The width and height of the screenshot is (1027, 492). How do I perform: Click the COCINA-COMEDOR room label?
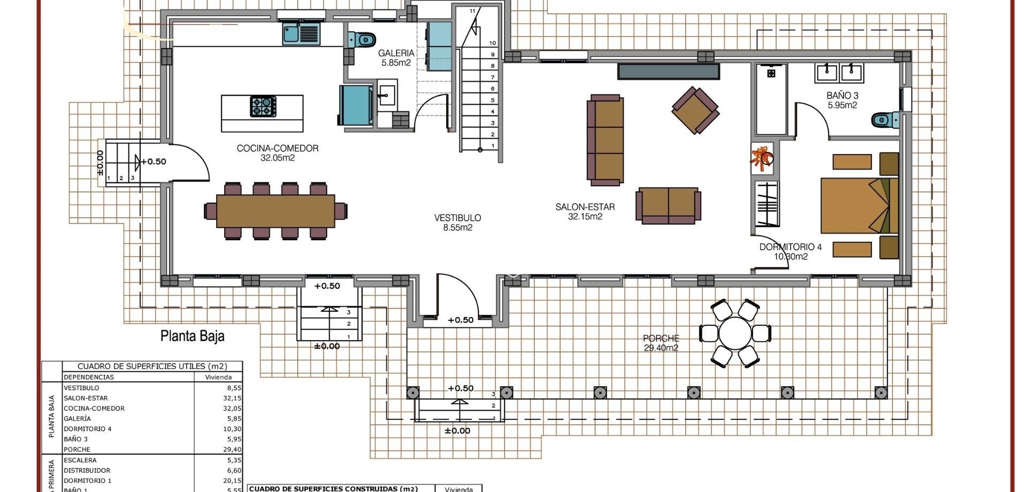(278, 153)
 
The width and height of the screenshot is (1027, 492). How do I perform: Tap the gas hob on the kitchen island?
(263, 106)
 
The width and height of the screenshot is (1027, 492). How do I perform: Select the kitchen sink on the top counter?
(301, 34)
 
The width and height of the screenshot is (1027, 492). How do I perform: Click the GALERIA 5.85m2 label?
(396, 58)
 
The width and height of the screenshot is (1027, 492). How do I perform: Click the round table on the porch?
(735, 333)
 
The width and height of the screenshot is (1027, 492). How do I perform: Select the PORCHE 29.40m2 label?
(661, 343)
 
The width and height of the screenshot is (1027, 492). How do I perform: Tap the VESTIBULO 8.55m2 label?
(457, 222)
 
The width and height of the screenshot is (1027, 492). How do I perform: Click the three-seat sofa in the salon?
(606, 140)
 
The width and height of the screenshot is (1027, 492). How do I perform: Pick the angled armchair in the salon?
(695, 111)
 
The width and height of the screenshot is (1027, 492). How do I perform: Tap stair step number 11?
(472, 11)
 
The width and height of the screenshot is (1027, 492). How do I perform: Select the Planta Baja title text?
(192, 336)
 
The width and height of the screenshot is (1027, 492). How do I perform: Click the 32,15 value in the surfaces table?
(232, 398)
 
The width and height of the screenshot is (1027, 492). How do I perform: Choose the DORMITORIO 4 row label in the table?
(88, 429)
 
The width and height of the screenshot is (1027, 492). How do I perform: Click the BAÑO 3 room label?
(842, 100)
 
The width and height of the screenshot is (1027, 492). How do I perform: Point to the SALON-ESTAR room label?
(585, 211)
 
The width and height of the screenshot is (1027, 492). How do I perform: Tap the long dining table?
(275, 211)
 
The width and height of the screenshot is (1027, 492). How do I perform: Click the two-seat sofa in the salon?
(668, 205)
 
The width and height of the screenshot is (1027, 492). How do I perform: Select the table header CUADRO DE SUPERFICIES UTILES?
(152, 366)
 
